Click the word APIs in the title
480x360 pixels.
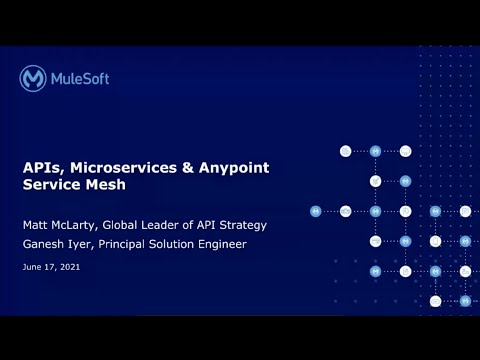pos(41,167)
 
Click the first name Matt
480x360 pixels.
pos(36,224)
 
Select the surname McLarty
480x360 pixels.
pos(83,224)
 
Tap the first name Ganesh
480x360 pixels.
pos(45,244)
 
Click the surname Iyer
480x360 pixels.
pos(88,244)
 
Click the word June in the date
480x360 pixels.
pos(31,268)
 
